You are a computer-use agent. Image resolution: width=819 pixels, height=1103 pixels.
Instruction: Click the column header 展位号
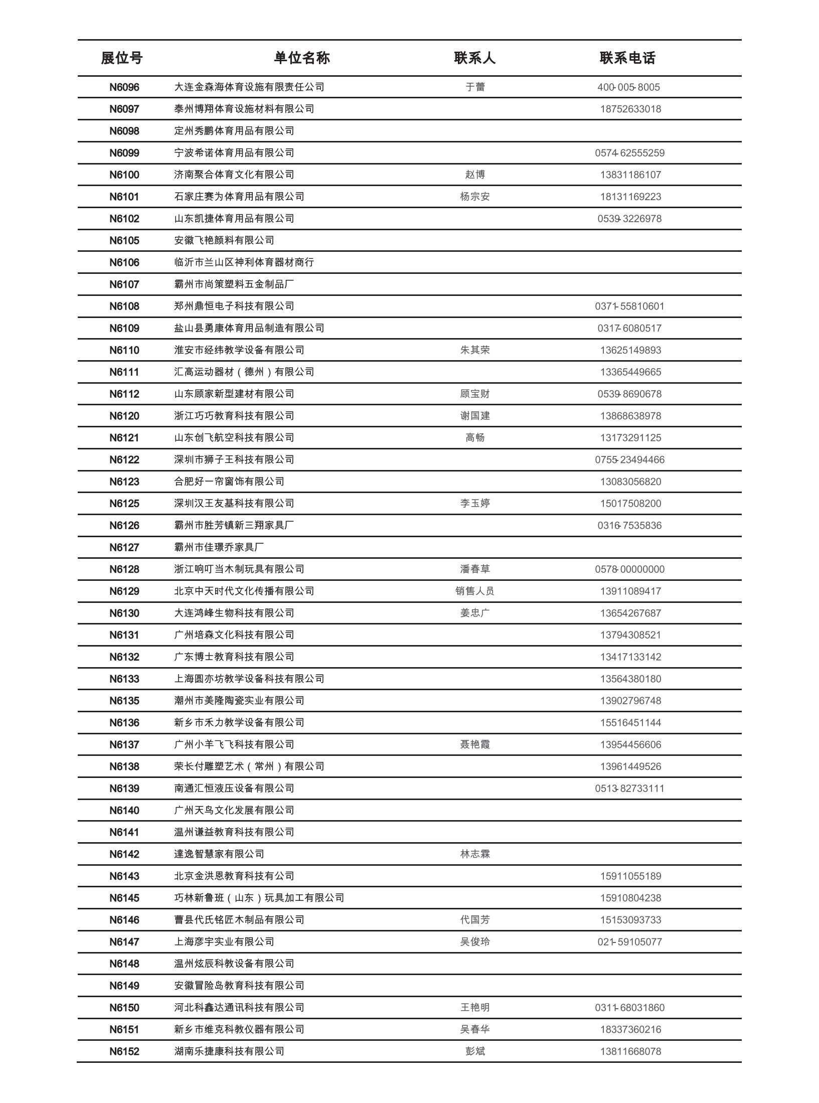coord(121,58)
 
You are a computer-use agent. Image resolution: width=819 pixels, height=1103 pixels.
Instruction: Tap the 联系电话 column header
coord(627,58)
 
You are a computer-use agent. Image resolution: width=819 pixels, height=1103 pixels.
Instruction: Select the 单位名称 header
coord(302,58)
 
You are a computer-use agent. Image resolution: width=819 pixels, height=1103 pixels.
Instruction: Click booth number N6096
coord(124,87)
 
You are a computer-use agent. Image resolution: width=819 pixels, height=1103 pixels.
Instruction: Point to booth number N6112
coord(124,394)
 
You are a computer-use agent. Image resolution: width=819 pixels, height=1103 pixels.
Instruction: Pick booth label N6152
coord(124,1051)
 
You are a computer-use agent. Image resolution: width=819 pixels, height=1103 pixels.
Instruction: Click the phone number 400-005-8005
coord(628,87)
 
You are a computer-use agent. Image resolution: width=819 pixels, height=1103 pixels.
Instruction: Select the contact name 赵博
coord(475,175)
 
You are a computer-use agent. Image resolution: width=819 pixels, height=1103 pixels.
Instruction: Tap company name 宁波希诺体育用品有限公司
coord(234,153)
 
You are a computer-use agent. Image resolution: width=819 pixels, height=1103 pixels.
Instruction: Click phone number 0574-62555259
coord(629,153)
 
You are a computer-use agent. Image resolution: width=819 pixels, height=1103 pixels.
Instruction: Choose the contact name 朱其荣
coord(475,350)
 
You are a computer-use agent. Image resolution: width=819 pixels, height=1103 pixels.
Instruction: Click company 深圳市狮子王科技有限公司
coord(234,460)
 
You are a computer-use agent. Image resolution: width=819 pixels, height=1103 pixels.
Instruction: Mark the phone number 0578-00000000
coord(629,569)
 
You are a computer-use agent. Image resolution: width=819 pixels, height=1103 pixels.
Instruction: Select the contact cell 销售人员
coord(475,591)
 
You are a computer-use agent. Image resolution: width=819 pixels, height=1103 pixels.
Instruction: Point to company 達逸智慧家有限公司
coord(219,854)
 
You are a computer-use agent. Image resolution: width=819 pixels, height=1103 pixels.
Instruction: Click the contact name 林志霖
coord(475,854)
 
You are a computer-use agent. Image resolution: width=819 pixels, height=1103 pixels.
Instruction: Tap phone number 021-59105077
coord(629,942)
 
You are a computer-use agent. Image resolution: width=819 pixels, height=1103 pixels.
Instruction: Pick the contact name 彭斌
coord(475,1051)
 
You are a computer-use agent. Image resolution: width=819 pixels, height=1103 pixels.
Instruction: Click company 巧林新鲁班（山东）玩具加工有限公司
coord(259,898)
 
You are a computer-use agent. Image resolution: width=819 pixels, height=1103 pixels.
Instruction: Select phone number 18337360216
coord(630,1030)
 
